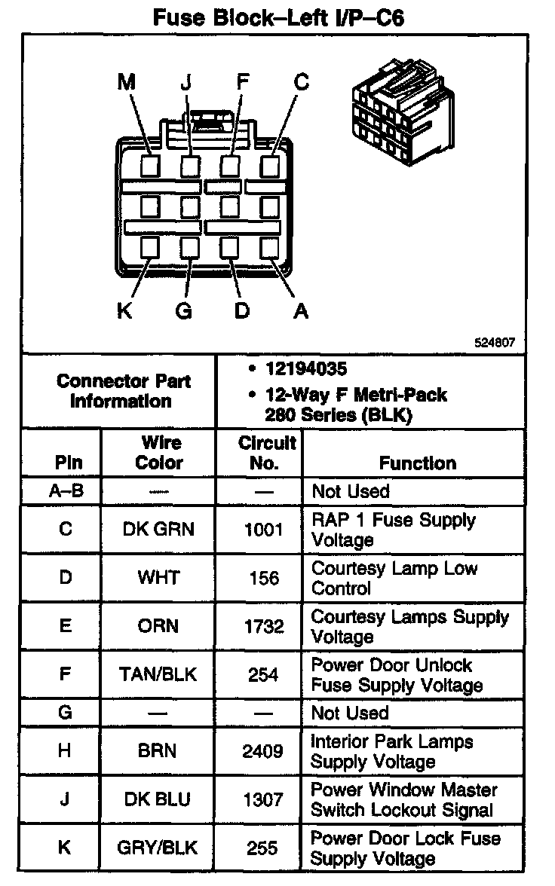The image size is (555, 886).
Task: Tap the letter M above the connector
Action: [x=126, y=82]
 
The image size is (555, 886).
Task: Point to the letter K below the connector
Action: [x=125, y=310]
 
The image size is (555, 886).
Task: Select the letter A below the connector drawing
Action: [x=301, y=310]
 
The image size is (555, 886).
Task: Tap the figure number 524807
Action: [x=494, y=341]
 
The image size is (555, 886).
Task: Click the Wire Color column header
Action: [x=158, y=452]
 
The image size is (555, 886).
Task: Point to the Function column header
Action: [x=417, y=463]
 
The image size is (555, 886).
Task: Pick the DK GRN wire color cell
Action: [x=158, y=530]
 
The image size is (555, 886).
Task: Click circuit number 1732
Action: [x=264, y=627]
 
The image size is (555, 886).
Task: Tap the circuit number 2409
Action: [x=264, y=751]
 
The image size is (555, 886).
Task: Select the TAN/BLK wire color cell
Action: [x=158, y=675]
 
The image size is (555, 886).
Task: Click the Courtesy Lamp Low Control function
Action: [x=394, y=578]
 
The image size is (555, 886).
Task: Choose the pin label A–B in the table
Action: [x=66, y=491]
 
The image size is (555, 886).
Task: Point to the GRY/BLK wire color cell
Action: [x=158, y=847]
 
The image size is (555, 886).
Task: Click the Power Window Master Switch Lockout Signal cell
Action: [x=403, y=800]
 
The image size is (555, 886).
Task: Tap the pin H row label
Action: [x=66, y=751]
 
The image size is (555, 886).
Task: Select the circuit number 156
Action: [x=264, y=579]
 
